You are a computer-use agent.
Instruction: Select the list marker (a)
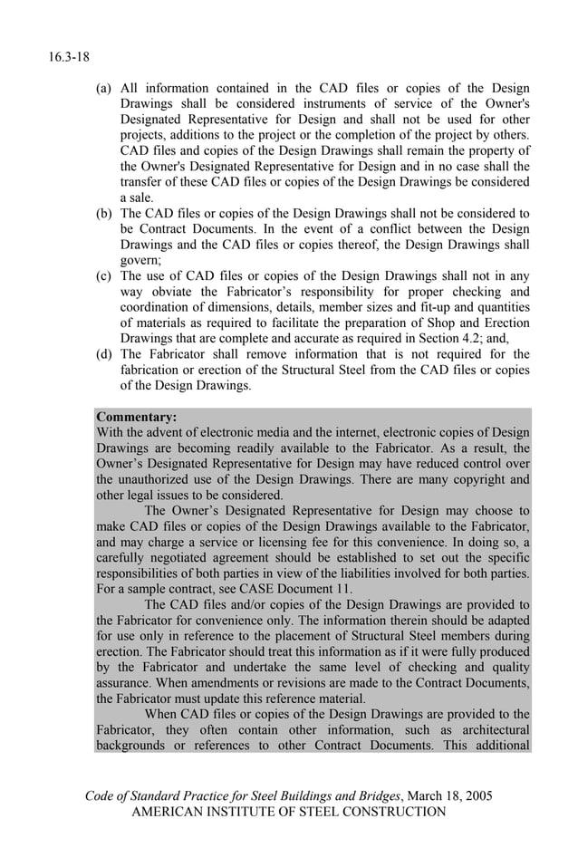(x=104, y=89)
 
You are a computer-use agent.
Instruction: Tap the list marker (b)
(x=104, y=214)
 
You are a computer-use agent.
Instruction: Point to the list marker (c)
(x=104, y=276)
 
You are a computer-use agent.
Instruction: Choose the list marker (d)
(x=104, y=354)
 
